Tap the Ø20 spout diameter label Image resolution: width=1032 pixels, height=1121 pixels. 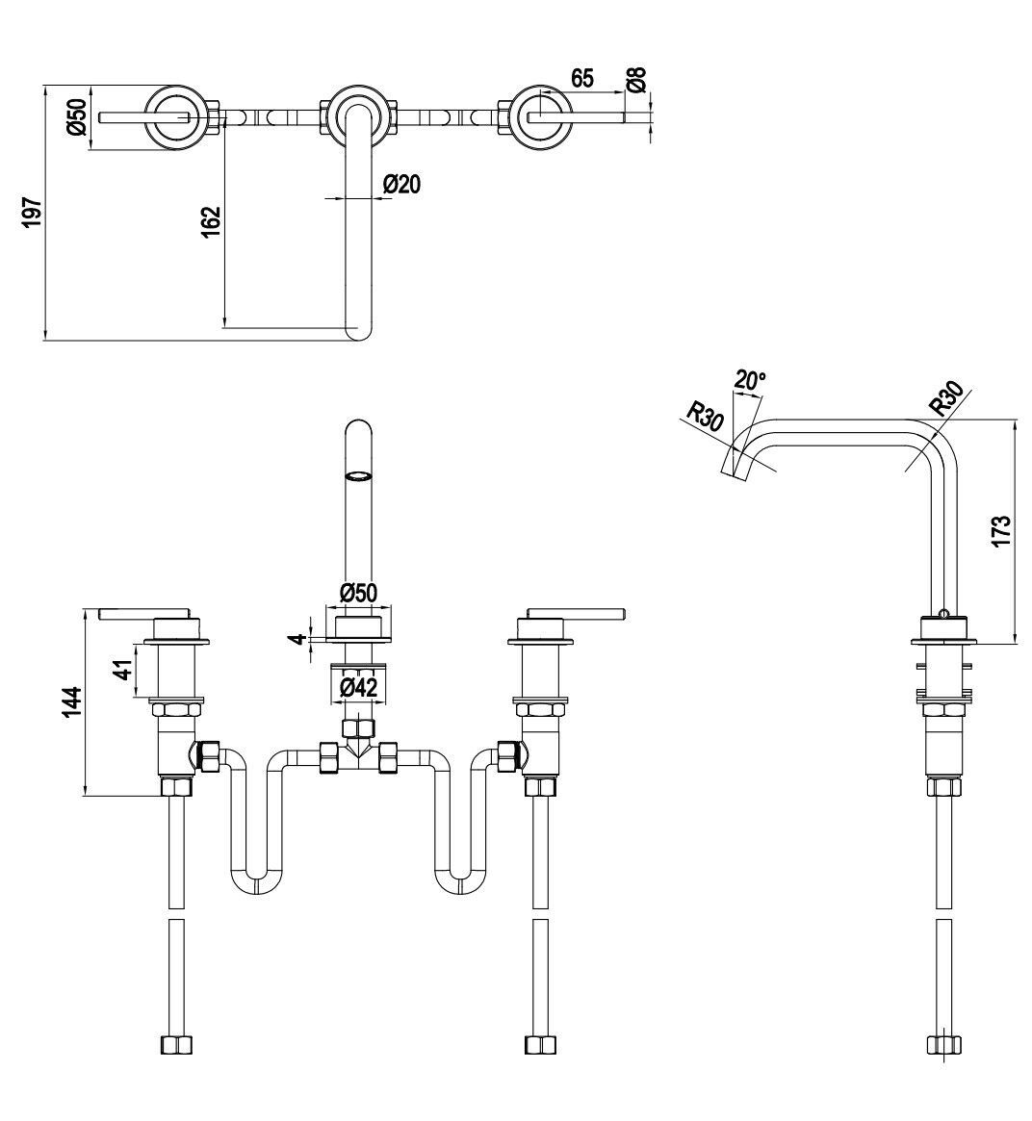[x=401, y=184]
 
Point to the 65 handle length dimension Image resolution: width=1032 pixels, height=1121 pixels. [x=582, y=79]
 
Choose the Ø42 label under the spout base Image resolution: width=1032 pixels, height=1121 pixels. [x=358, y=687]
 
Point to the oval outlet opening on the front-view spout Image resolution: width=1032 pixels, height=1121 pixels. [x=357, y=475]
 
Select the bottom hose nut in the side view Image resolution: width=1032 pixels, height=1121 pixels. [x=942, y=1046]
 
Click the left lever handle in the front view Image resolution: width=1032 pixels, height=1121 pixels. [x=144, y=612]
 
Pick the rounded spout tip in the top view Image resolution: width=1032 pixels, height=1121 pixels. [x=358, y=330]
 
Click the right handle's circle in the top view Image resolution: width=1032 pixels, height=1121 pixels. [x=540, y=117]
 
